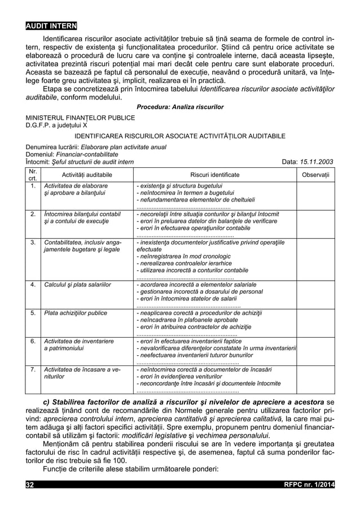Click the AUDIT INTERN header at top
point(51,26)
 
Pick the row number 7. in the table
point(33,369)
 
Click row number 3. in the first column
point(33,242)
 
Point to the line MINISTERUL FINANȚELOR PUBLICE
point(78,117)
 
